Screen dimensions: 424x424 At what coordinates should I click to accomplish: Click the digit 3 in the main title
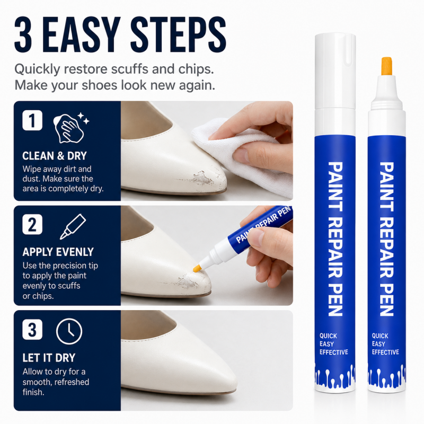(x=23, y=34)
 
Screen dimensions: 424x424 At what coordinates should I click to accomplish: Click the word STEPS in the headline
(x=179, y=34)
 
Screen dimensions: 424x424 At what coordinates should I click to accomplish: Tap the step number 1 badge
(x=32, y=120)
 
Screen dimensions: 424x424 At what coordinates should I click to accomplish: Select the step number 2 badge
(x=32, y=224)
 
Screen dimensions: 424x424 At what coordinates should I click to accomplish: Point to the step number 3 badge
(x=32, y=329)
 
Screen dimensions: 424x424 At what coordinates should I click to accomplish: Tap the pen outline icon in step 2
(x=73, y=227)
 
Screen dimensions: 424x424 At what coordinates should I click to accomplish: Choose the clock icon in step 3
(x=69, y=331)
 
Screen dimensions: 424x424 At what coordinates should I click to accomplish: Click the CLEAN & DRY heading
(x=55, y=156)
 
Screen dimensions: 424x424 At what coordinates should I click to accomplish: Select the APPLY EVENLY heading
(x=58, y=252)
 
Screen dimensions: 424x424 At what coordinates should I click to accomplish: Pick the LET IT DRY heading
(x=49, y=358)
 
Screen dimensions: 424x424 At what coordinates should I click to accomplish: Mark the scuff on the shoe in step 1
(x=206, y=178)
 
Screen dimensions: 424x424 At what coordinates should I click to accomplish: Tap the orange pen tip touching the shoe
(x=197, y=269)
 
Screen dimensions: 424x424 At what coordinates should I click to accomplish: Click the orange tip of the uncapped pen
(x=387, y=66)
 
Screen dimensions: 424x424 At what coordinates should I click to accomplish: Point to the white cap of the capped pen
(x=335, y=71)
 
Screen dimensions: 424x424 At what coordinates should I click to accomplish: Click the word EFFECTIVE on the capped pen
(x=334, y=352)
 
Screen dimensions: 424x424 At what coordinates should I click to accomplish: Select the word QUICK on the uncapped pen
(x=380, y=336)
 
